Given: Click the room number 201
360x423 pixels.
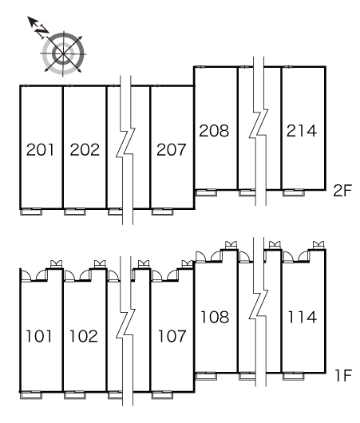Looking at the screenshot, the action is (x=40, y=150).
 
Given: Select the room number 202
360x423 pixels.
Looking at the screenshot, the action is (x=85, y=150).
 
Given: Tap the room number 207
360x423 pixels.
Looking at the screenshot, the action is (x=172, y=150).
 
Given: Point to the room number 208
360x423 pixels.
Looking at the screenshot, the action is (x=214, y=130).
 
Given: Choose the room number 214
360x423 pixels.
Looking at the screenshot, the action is (x=302, y=131).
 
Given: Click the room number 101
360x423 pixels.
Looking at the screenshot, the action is (x=39, y=336).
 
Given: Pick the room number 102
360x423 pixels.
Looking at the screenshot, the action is (x=83, y=336).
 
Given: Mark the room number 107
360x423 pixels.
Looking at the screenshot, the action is (x=172, y=336).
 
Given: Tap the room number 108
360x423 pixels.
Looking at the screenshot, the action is (x=215, y=317).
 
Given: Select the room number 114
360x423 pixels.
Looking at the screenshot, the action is (x=303, y=317).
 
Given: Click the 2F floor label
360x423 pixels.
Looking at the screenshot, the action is (x=342, y=191).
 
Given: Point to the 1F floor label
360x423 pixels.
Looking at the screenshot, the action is (x=343, y=375).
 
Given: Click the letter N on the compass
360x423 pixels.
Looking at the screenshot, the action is (x=42, y=31).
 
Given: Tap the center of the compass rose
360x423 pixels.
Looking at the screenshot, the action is (x=63, y=53).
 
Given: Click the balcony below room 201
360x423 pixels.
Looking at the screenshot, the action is (x=31, y=211).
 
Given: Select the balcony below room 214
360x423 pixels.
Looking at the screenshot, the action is (x=293, y=192).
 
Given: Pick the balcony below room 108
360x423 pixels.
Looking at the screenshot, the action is (x=206, y=376).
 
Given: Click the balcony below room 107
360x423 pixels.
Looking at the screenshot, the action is (x=163, y=395).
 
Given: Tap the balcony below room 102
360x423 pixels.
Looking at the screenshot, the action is (x=75, y=395).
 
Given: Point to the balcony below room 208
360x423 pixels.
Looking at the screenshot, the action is (x=206, y=192).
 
